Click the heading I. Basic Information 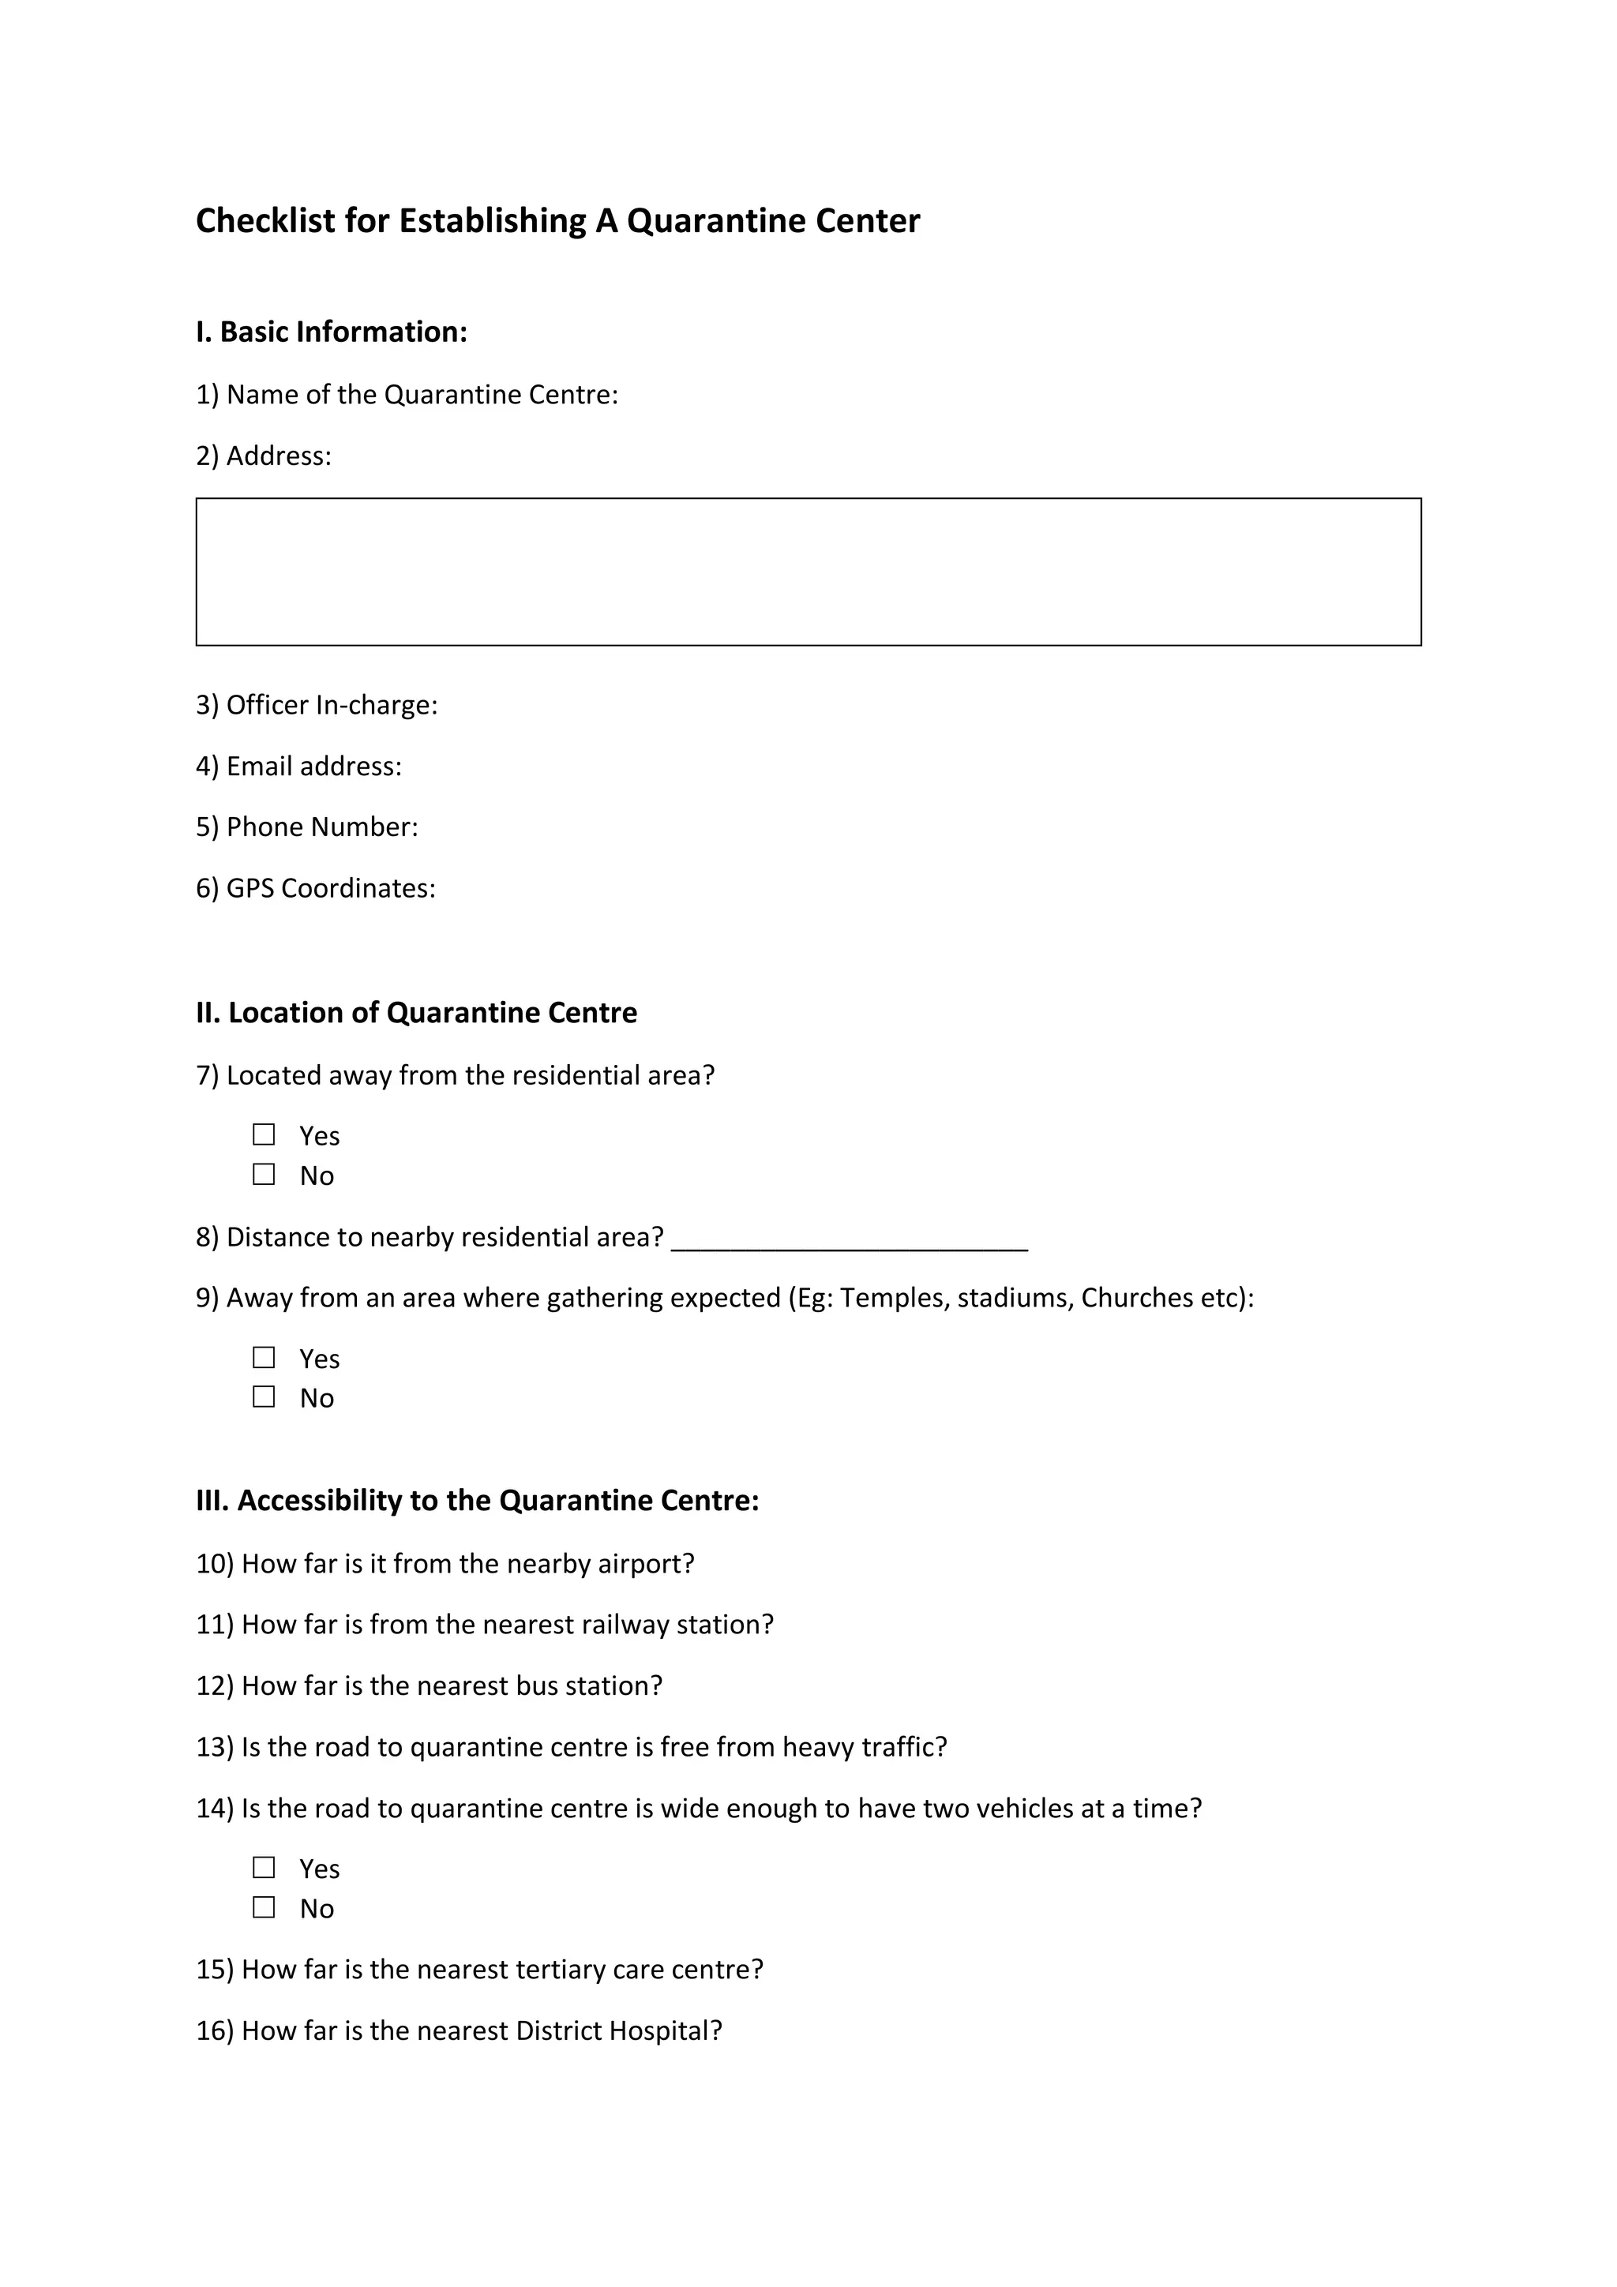click(331, 332)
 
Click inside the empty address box click(808, 572)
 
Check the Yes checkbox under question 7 click(264, 1134)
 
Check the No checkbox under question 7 click(264, 1175)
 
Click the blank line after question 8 click(849, 1239)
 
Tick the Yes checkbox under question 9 click(264, 1358)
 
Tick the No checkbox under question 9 click(264, 1397)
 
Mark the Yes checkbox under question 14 click(264, 1867)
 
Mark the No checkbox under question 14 click(264, 1906)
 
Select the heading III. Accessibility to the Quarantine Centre click(477, 1500)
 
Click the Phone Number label click(307, 827)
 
